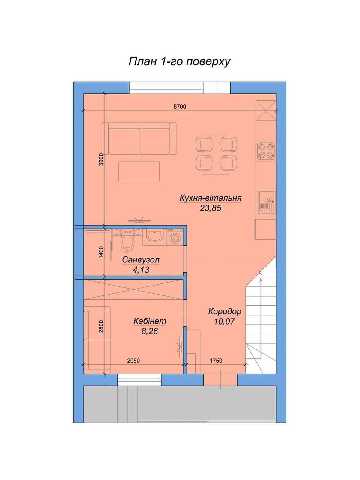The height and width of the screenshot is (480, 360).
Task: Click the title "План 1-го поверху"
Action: click(179, 62)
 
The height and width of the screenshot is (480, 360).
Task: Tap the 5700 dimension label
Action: click(180, 107)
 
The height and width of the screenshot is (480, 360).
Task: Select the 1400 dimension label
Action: click(101, 253)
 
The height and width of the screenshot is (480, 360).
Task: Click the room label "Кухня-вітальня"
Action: click(211, 198)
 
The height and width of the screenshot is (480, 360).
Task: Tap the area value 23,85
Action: click(211, 208)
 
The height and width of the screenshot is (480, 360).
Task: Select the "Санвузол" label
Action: click(141, 260)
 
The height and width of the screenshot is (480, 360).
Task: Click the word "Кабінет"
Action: click(150, 321)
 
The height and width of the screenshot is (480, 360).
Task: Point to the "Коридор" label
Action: click(225, 312)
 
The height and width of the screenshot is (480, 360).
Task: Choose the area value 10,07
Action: click(225, 322)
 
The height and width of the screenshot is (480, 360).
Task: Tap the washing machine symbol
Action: click(175, 237)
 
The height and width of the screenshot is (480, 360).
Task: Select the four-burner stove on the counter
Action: click(266, 151)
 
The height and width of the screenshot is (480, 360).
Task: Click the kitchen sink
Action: click(266, 201)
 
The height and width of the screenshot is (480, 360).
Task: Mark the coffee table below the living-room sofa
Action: click(139, 172)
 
